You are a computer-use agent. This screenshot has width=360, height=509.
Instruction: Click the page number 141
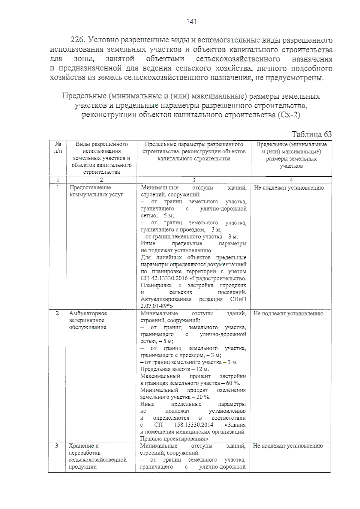pyautogui.click(x=191, y=22)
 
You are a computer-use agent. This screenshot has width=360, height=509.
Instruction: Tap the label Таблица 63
pyautogui.click(x=311, y=134)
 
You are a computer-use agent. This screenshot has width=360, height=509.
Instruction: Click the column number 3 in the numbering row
pyautogui.click(x=193, y=180)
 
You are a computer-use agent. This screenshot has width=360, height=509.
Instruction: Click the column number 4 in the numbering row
pyautogui.click(x=291, y=180)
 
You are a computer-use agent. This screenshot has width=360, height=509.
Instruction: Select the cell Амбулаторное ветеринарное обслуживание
pyautogui.click(x=88, y=320)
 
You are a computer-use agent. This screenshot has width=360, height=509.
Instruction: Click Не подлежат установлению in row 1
pyautogui.click(x=289, y=188)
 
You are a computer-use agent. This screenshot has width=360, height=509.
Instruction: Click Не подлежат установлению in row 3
pyautogui.click(x=288, y=446)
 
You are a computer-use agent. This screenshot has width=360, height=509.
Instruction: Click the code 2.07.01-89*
pyautogui.click(x=156, y=306)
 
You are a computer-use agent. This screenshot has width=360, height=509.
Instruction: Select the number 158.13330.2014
pyautogui.click(x=193, y=425)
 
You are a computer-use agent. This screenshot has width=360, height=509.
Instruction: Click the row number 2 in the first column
pyautogui.click(x=57, y=313)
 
